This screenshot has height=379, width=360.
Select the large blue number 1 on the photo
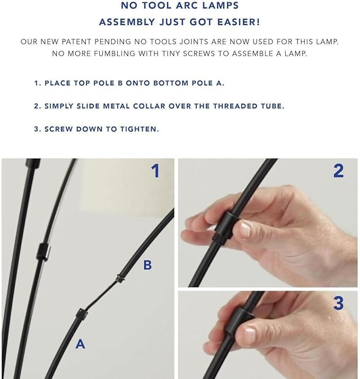pos(155,171)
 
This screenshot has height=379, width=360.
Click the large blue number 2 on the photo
pos(338,171)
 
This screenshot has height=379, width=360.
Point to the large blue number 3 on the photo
pos(338,303)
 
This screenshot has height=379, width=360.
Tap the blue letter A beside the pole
pos(80,344)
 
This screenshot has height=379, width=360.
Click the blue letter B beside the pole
pos(147,265)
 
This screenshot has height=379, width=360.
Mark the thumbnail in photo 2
pos(244,230)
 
